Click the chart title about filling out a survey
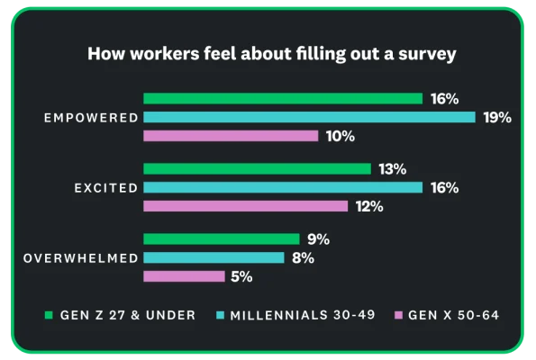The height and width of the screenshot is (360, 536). click(x=271, y=54)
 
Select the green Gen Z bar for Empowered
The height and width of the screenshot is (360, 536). click(x=283, y=99)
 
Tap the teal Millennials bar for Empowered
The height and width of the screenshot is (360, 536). click(x=309, y=117)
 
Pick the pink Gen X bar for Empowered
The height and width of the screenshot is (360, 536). click(x=231, y=136)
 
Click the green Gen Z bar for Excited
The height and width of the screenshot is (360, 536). click(x=257, y=169)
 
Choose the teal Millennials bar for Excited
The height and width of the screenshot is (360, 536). click(x=283, y=187)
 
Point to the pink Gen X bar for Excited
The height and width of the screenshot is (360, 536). click(x=245, y=206)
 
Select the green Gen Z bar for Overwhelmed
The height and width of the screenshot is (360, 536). click(x=221, y=239)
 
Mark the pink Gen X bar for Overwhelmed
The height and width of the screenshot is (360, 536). click(x=184, y=276)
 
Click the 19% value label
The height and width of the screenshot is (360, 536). click(x=496, y=117)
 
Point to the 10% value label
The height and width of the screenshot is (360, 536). click(x=341, y=137)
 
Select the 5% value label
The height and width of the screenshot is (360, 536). click(x=241, y=277)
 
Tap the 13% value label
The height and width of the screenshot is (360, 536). click(x=393, y=169)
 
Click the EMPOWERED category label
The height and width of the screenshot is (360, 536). click(x=93, y=118)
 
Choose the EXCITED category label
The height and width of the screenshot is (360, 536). click(x=106, y=188)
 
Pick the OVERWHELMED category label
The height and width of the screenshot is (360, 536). click(x=80, y=258)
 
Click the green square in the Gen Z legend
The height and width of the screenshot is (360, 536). click(x=49, y=315)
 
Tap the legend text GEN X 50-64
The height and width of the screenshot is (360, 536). click(x=453, y=315)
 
